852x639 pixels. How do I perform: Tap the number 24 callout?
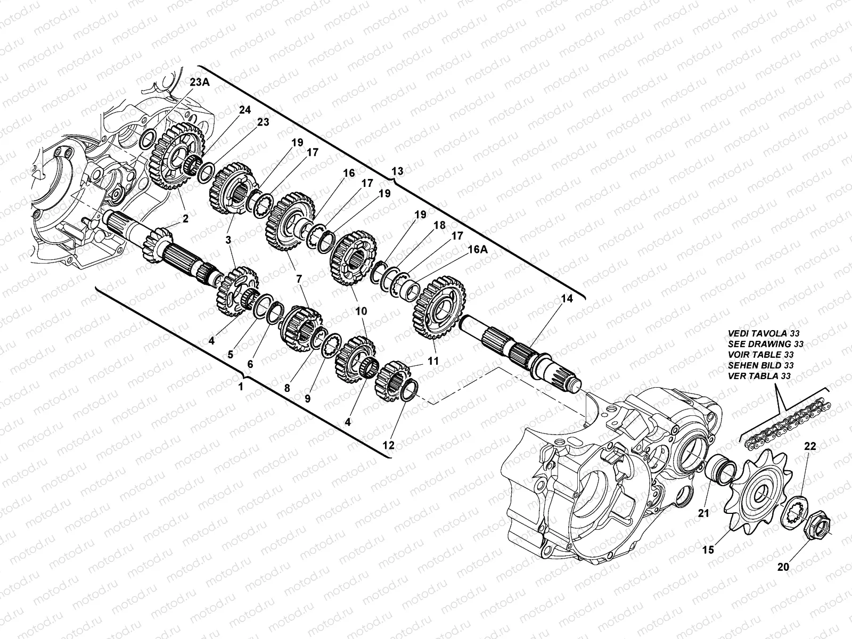tap(245, 111)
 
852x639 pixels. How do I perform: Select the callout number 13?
tap(397, 171)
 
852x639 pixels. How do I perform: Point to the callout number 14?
tap(567, 299)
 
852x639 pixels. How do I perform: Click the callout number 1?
tap(241, 387)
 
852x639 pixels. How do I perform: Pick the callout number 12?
tap(388, 446)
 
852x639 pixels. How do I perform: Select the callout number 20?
tap(783, 568)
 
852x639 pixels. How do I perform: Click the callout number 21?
tap(705, 514)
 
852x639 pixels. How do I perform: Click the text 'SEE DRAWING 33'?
tap(765, 344)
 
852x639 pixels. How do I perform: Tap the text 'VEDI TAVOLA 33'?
tap(765, 333)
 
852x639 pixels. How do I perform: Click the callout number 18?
tap(440, 225)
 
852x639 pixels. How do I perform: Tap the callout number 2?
tap(185, 218)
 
